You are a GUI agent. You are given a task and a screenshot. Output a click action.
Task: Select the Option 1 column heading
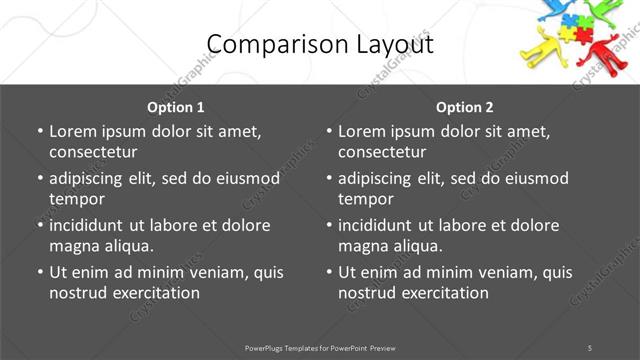tap(176, 107)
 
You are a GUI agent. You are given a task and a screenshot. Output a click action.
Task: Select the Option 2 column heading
tap(465, 107)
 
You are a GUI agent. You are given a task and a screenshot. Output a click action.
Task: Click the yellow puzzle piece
tap(567, 34)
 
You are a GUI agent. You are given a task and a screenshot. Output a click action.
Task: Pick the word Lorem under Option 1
tap(72, 131)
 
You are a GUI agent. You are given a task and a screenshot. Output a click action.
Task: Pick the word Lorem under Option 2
tap(361, 131)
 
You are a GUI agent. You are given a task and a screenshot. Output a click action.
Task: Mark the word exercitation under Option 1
tap(155, 293)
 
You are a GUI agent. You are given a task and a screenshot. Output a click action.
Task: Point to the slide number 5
tap(590, 348)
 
